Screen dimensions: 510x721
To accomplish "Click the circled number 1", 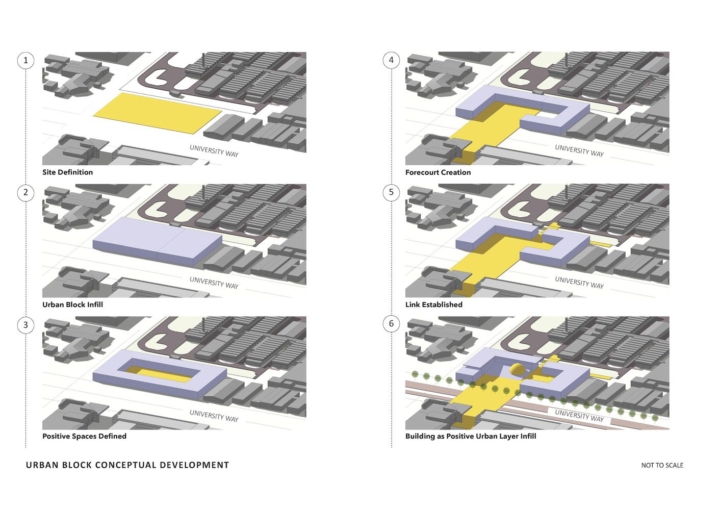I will tap(25, 60).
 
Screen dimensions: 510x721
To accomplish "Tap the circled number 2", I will tap(25, 193).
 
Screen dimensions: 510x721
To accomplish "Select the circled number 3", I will tap(25, 325).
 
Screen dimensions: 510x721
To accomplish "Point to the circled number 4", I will tap(391, 60).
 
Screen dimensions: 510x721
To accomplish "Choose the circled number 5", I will tap(391, 192).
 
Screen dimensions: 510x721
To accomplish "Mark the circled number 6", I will tap(391, 324).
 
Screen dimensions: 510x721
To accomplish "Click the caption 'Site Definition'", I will tap(67, 172).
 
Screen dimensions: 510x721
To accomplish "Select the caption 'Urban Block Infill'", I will tap(72, 304).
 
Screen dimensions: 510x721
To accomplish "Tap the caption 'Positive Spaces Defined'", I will tap(84, 436).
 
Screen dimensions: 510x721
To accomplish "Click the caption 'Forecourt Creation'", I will tap(438, 172).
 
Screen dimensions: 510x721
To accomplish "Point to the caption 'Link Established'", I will tap(434, 304).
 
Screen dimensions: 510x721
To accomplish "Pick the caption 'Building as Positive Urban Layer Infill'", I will tap(471, 436).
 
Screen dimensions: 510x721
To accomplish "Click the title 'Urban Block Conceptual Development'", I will tap(127, 465).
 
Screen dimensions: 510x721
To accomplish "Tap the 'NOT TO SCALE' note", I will tap(662, 465).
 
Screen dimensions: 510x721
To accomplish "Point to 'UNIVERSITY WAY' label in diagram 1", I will tap(214, 150).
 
